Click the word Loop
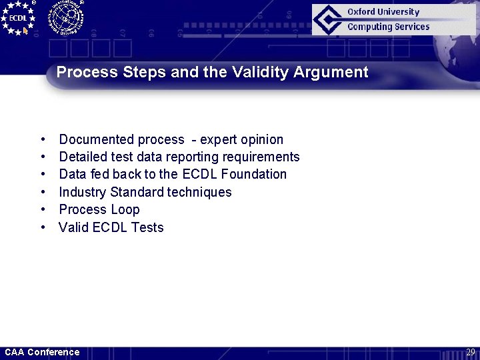(x=125, y=210)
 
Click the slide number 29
(x=470, y=352)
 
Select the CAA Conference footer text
(x=42, y=352)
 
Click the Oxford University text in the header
(x=383, y=12)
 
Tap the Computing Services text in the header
(x=388, y=27)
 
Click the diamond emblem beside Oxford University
(x=329, y=19)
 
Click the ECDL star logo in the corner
(x=18, y=17)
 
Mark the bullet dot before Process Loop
(x=43, y=210)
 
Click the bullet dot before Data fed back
(x=43, y=175)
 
